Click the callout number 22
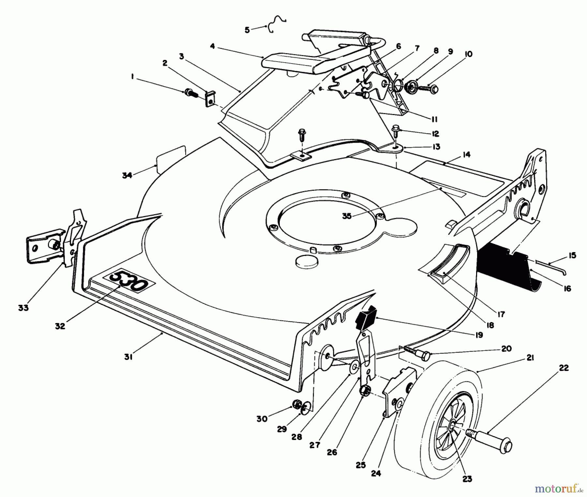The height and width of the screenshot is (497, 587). click(564, 368)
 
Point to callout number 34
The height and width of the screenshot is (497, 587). click(127, 175)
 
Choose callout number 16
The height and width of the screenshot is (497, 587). click(567, 288)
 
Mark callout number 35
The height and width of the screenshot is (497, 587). click(347, 216)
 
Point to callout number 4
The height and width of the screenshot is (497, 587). click(213, 47)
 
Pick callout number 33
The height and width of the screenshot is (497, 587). click(23, 307)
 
